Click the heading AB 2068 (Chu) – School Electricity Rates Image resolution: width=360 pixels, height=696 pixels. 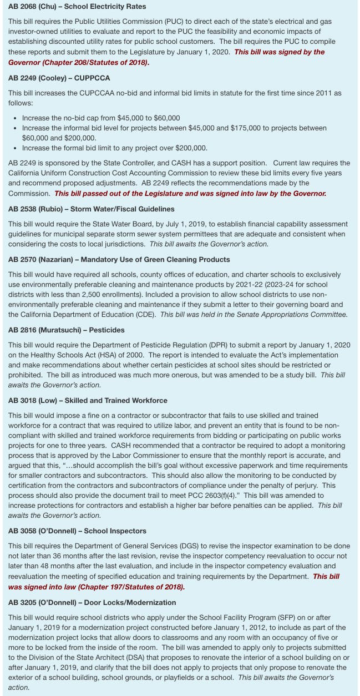coord(77,7)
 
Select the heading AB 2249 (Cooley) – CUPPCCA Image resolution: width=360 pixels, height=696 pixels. coord(59,78)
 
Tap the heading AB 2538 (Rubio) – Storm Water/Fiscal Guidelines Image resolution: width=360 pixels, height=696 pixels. coord(92,209)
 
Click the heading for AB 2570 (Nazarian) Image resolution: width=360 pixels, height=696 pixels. coord(119,259)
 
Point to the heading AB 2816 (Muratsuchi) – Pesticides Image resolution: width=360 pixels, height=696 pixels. coord(67,330)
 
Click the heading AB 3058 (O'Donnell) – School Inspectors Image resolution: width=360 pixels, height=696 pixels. coord(78,531)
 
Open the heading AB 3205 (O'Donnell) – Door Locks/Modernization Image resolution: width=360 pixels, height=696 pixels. coord(92,602)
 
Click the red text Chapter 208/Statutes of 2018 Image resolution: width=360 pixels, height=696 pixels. coord(97,62)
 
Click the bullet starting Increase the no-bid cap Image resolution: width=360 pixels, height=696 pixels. coord(101,118)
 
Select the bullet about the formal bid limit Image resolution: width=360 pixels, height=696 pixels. coord(115,148)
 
